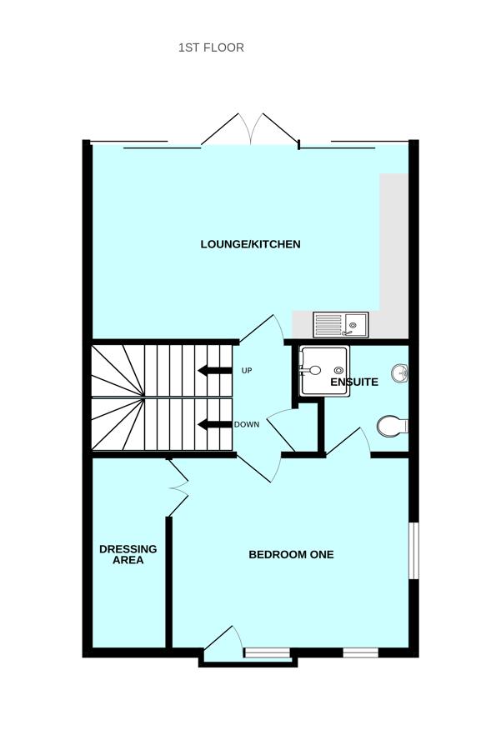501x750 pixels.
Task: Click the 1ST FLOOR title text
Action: click(211, 47)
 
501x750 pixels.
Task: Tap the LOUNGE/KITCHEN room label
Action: click(250, 244)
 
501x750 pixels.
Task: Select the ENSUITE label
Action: click(354, 382)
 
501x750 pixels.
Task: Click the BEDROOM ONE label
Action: click(291, 554)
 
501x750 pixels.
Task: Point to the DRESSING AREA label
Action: click(128, 554)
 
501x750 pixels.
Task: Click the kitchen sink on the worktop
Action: click(340, 323)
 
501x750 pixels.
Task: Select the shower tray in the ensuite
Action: click(323, 371)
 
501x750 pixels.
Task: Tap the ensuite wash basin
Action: click(399, 374)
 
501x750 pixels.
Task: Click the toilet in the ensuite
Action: click(392, 427)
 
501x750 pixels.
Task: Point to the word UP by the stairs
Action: click(246, 370)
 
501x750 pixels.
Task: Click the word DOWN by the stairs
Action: click(246, 424)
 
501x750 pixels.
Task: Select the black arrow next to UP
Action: click(214, 371)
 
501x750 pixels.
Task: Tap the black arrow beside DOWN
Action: click(214, 425)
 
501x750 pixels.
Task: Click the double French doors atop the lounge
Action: click(250, 131)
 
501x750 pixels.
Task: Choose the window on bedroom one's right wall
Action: click(411, 550)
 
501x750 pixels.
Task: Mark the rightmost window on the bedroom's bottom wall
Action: click(360, 652)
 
